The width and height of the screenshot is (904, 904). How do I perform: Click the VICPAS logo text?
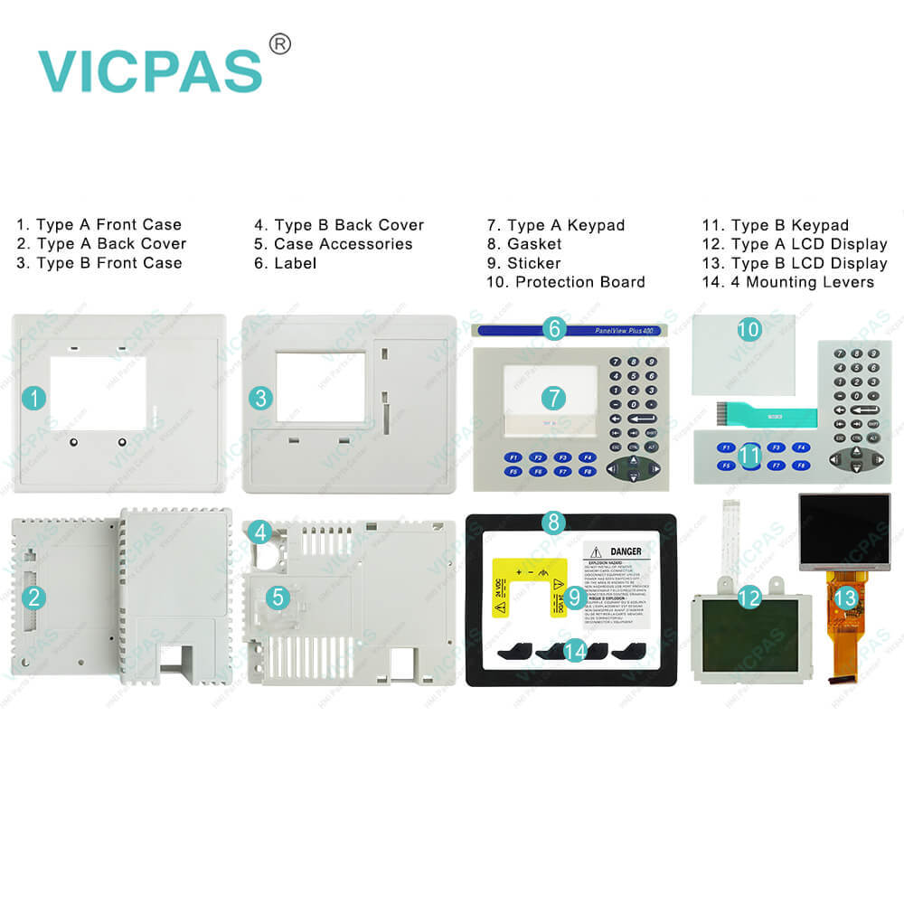[149, 70]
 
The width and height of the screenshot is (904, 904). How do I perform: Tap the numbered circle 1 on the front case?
[33, 397]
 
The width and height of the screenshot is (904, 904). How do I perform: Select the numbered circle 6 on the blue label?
[554, 328]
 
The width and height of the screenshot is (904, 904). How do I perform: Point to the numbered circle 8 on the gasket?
[554, 522]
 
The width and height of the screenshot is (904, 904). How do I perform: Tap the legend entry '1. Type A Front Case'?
[99, 225]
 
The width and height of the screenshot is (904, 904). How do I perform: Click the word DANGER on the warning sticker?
[625, 551]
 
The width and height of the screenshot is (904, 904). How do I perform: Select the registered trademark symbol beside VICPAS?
[280, 43]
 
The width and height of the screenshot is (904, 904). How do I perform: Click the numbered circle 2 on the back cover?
[33, 596]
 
